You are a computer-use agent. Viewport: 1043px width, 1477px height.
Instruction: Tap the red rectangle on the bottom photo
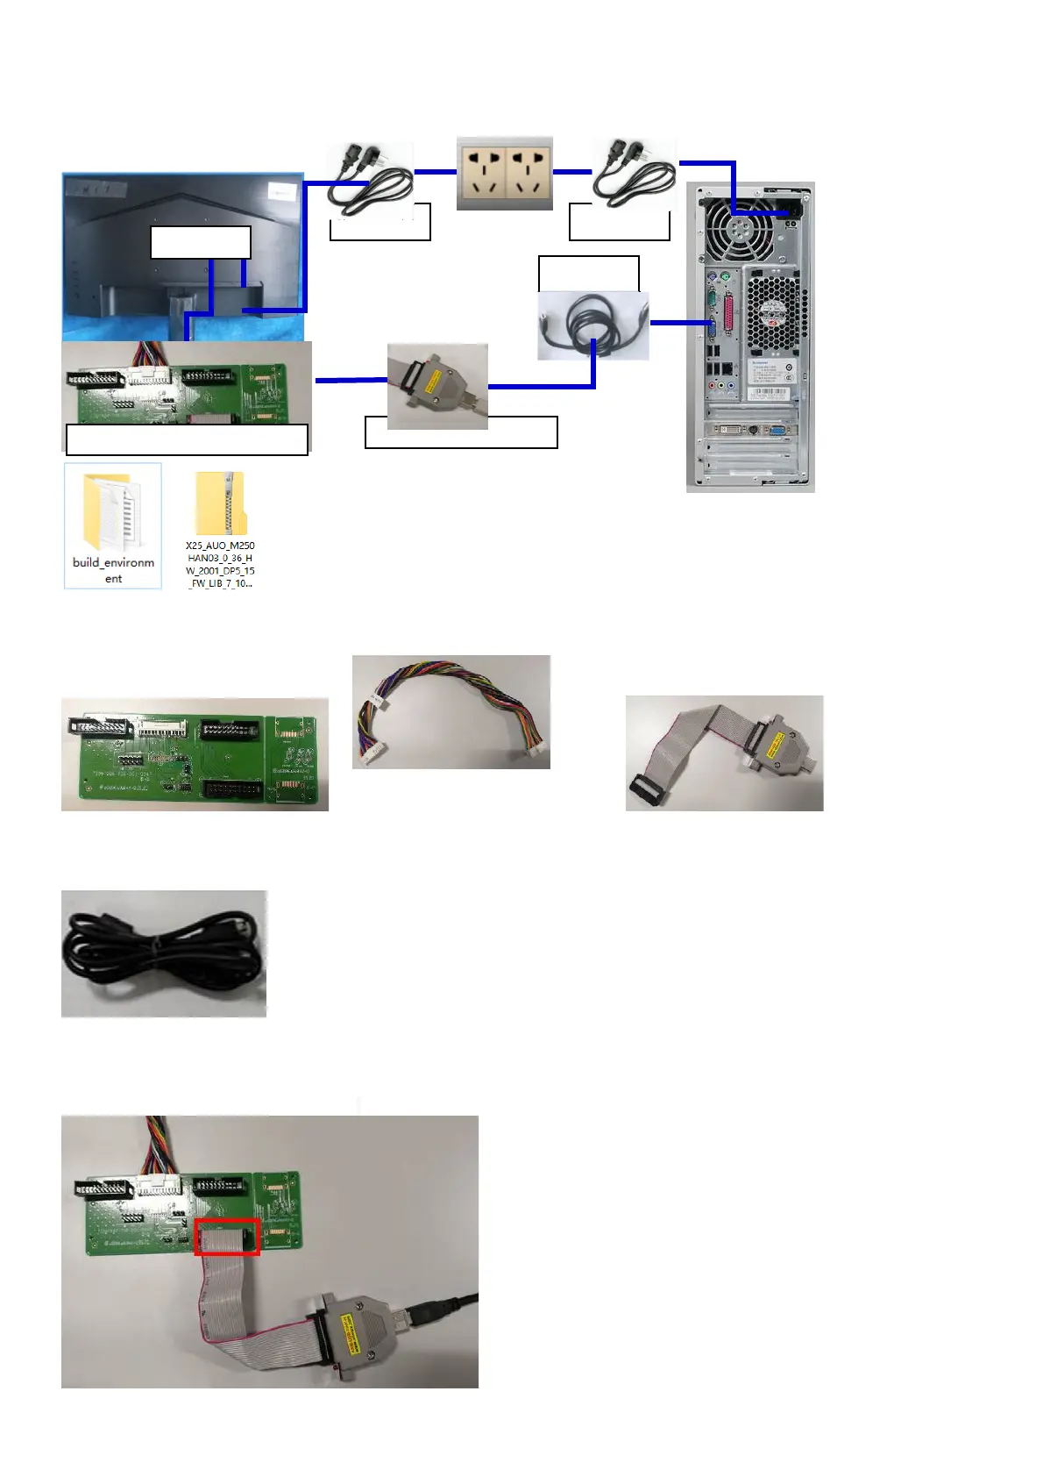coord(227,1237)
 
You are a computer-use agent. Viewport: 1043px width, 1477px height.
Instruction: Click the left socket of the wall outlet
coord(481,173)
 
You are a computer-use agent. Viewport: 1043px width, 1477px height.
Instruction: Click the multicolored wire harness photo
coord(451,711)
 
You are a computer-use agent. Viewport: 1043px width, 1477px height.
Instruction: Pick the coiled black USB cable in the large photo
coord(163,953)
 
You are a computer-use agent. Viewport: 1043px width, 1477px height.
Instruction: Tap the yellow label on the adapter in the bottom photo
coord(346,1329)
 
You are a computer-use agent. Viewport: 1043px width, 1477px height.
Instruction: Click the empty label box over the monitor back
coord(201,242)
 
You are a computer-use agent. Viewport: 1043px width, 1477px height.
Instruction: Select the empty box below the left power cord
coord(380,223)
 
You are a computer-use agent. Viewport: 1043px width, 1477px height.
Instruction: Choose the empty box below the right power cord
coord(619,223)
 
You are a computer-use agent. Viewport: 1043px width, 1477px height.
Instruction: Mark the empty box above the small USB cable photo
coord(588,273)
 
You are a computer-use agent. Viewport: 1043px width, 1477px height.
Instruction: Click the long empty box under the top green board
coord(187,439)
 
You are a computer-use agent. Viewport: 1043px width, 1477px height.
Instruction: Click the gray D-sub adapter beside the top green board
coord(436,385)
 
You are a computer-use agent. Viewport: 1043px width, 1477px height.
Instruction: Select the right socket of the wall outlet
coord(529,173)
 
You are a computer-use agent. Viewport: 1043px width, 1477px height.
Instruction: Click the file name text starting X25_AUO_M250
coord(220,564)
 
